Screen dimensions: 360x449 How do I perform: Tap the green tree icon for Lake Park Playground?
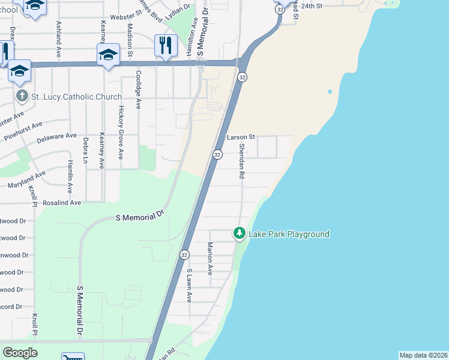(240, 233)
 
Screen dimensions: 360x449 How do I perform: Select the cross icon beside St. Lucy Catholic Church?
(22, 97)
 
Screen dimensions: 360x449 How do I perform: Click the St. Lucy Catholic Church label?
(76, 97)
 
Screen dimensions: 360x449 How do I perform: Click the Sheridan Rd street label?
(242, 161)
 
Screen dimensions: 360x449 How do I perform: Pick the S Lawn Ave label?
(188, 285)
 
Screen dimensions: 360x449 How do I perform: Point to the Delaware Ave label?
(57, 139)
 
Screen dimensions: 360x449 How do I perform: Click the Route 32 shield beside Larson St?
(217, 155)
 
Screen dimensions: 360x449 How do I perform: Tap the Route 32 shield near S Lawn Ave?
(184, 255)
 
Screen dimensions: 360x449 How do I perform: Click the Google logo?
(20, 353)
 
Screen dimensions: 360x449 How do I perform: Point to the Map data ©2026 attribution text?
(423, 355)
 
